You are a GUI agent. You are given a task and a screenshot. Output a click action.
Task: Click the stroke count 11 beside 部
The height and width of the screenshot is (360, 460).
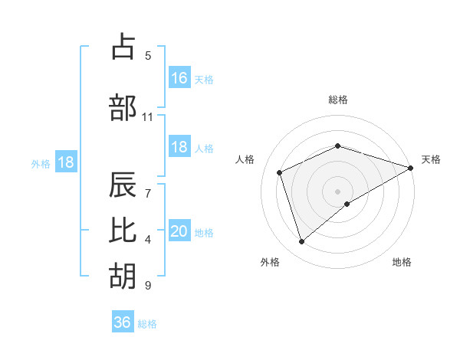148,117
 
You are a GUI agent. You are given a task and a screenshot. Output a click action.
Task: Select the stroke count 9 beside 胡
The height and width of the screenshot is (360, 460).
148,286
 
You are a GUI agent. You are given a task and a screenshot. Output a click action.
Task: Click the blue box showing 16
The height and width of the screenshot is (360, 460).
179,77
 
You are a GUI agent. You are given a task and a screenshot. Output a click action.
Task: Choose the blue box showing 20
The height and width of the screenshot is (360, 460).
179,231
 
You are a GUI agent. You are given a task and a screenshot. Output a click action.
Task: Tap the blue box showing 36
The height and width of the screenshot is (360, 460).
123,322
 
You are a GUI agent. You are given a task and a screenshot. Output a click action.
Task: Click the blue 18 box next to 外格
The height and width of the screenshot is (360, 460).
65,162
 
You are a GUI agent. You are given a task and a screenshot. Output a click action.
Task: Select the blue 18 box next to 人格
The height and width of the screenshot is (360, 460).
179,147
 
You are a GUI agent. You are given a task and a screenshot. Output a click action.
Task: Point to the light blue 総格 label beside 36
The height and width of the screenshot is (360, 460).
147,324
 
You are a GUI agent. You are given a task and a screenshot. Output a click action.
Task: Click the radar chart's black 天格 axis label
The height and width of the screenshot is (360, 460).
431,159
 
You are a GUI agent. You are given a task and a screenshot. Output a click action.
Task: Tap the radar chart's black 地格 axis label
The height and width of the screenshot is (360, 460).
402,262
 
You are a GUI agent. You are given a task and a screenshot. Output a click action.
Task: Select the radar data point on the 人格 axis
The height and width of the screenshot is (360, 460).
281,172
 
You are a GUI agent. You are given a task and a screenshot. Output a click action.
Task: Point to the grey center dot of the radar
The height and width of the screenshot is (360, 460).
337,191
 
